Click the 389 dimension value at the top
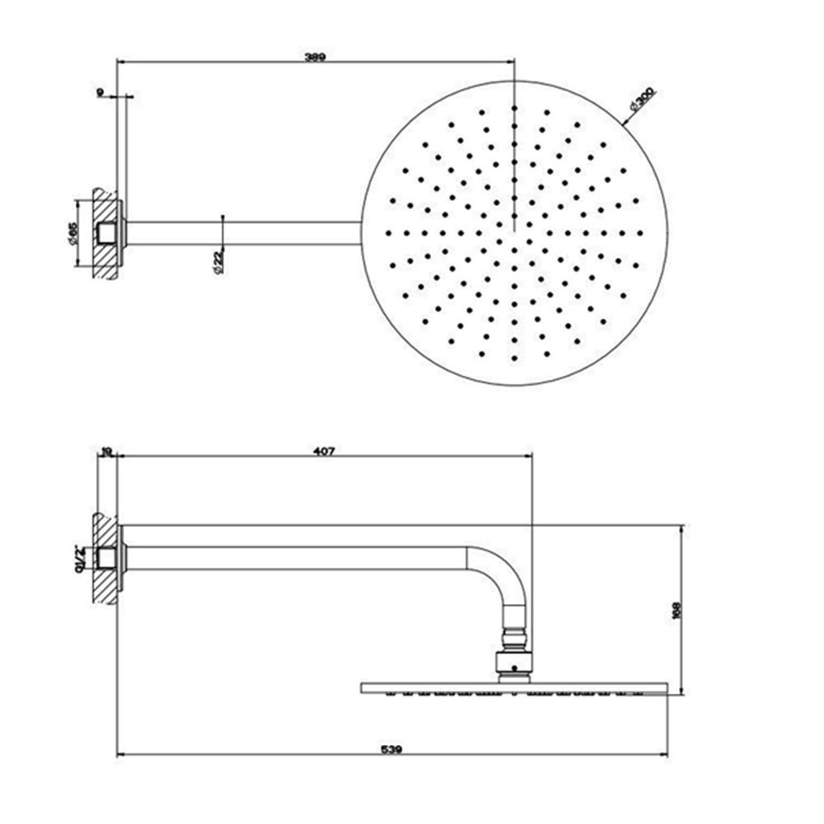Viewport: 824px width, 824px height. click(315, 57)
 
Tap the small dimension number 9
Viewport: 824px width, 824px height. click(100, 94)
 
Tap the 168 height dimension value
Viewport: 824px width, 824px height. click(677, 608)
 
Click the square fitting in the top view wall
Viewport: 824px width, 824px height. click(105, 233)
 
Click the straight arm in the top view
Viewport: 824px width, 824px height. click(247, 233)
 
